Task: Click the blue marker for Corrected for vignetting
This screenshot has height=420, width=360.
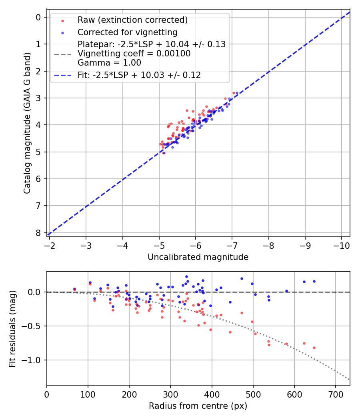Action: [62, 32]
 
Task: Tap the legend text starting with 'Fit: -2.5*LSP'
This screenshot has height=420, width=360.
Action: [139, 75]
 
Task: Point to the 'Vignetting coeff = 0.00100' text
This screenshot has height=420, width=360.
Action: [134, 54]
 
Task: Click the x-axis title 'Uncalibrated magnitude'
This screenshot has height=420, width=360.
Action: [198, 257]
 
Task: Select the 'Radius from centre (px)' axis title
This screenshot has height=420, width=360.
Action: [198, 406]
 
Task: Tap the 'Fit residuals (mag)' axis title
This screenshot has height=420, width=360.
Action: [12, 328]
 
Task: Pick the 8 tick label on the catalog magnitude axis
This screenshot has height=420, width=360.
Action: [38, 233]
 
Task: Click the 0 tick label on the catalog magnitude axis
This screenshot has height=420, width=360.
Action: [38, 17]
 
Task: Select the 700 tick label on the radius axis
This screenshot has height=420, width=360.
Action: [336, 394]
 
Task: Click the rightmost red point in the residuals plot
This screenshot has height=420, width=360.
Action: [314, 348]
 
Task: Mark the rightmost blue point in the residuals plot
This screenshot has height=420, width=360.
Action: [314, 281]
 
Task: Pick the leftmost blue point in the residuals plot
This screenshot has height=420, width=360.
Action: [74, 289]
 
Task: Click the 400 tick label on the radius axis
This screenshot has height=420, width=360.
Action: [212, 394]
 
